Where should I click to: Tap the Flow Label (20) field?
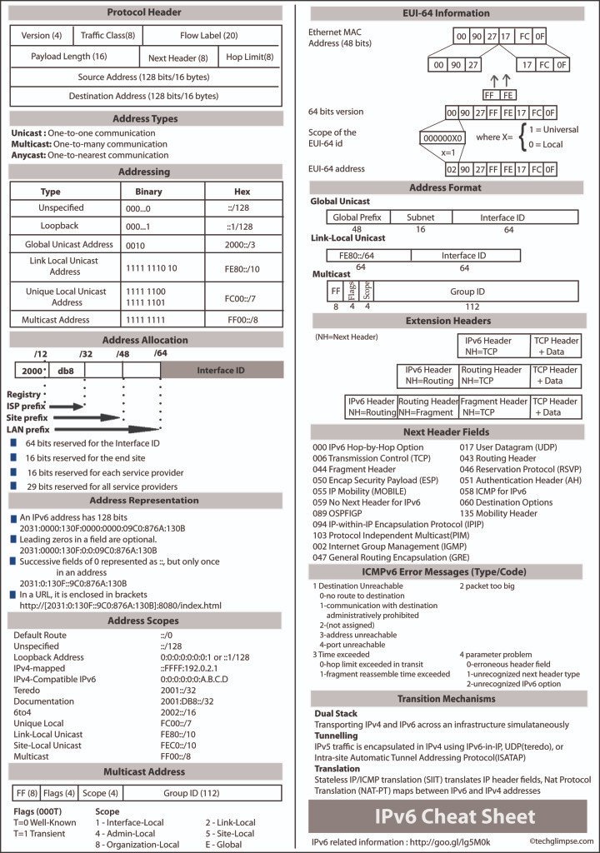[x=208, y=36]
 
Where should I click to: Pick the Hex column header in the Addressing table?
[x=242, y=191]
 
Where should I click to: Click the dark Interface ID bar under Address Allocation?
[x=221, y=370]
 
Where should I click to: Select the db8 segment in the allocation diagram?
[x=67, y=371]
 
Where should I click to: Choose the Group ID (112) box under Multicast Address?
[x=192, y=792]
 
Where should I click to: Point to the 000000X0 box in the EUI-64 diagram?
[x=443, y=138]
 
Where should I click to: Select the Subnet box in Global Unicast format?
[x=420, y=217]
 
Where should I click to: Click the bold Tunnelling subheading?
[x=336, y=736]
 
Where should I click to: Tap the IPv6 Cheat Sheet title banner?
[x=447, y=816]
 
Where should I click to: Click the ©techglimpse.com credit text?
[x=561, y=841]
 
